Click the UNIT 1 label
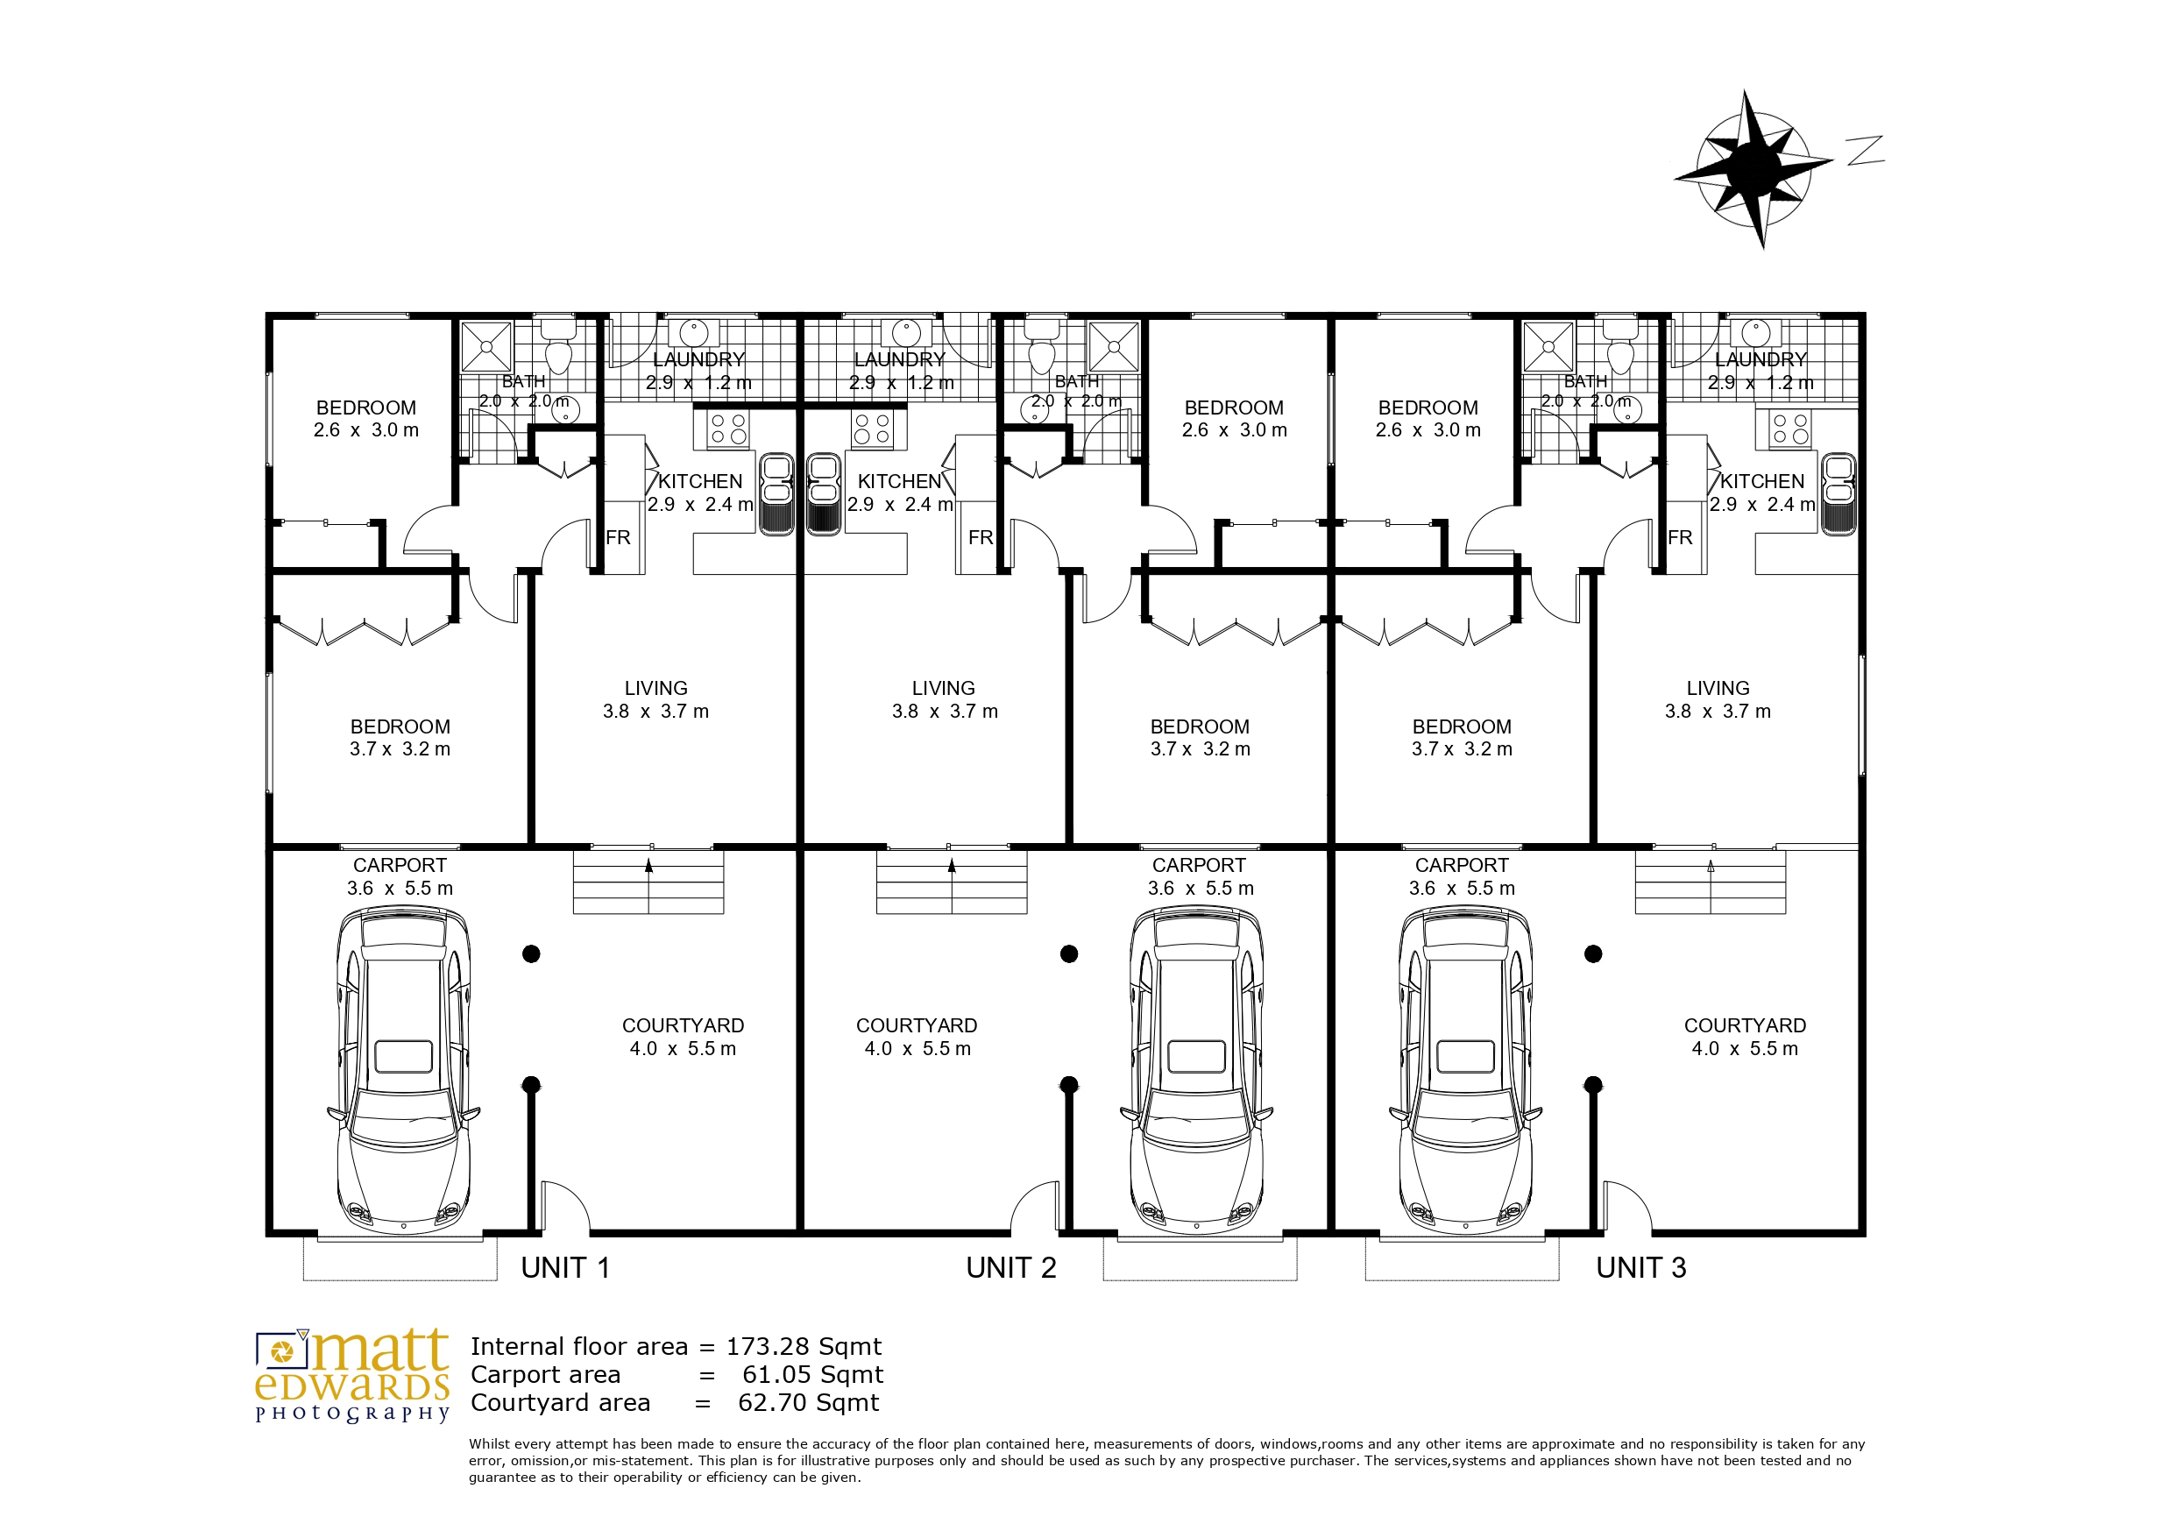pyautogui.click(x=564, y=1268)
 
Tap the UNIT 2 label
pyautogui.click(x=1010, y=1268)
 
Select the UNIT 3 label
pyautogui.click(x=1640, y=1268)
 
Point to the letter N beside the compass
pyautogui.click(x=1864, y=151)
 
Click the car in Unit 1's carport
pyautogui.click(x=404, y=1070)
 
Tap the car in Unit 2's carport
pyautogui.click(x=1196, y=1070)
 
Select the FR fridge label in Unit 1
pyautogui.click(x=618, y=538)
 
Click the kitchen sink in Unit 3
pyautogui.click(x=1838, y=493)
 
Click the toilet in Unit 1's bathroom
pyautogui.click(x=559, y=345)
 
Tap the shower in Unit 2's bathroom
pyautogui.click(x=1113, y=347)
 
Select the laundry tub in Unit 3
pyautogui.click(x=1756, y=333)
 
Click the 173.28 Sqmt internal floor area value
pyautogui.click(x=804, y=1347)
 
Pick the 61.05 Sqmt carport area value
pyautogui.click(x=813, y=1375)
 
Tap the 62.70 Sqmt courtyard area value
pyautogui.click(x=809, y=1403)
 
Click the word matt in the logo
pyautogui.click(x=381, y=1350)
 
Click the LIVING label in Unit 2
pyautogui.click(x=944, y=689)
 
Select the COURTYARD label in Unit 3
pyautogui.click(x=1745, y=1026)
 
